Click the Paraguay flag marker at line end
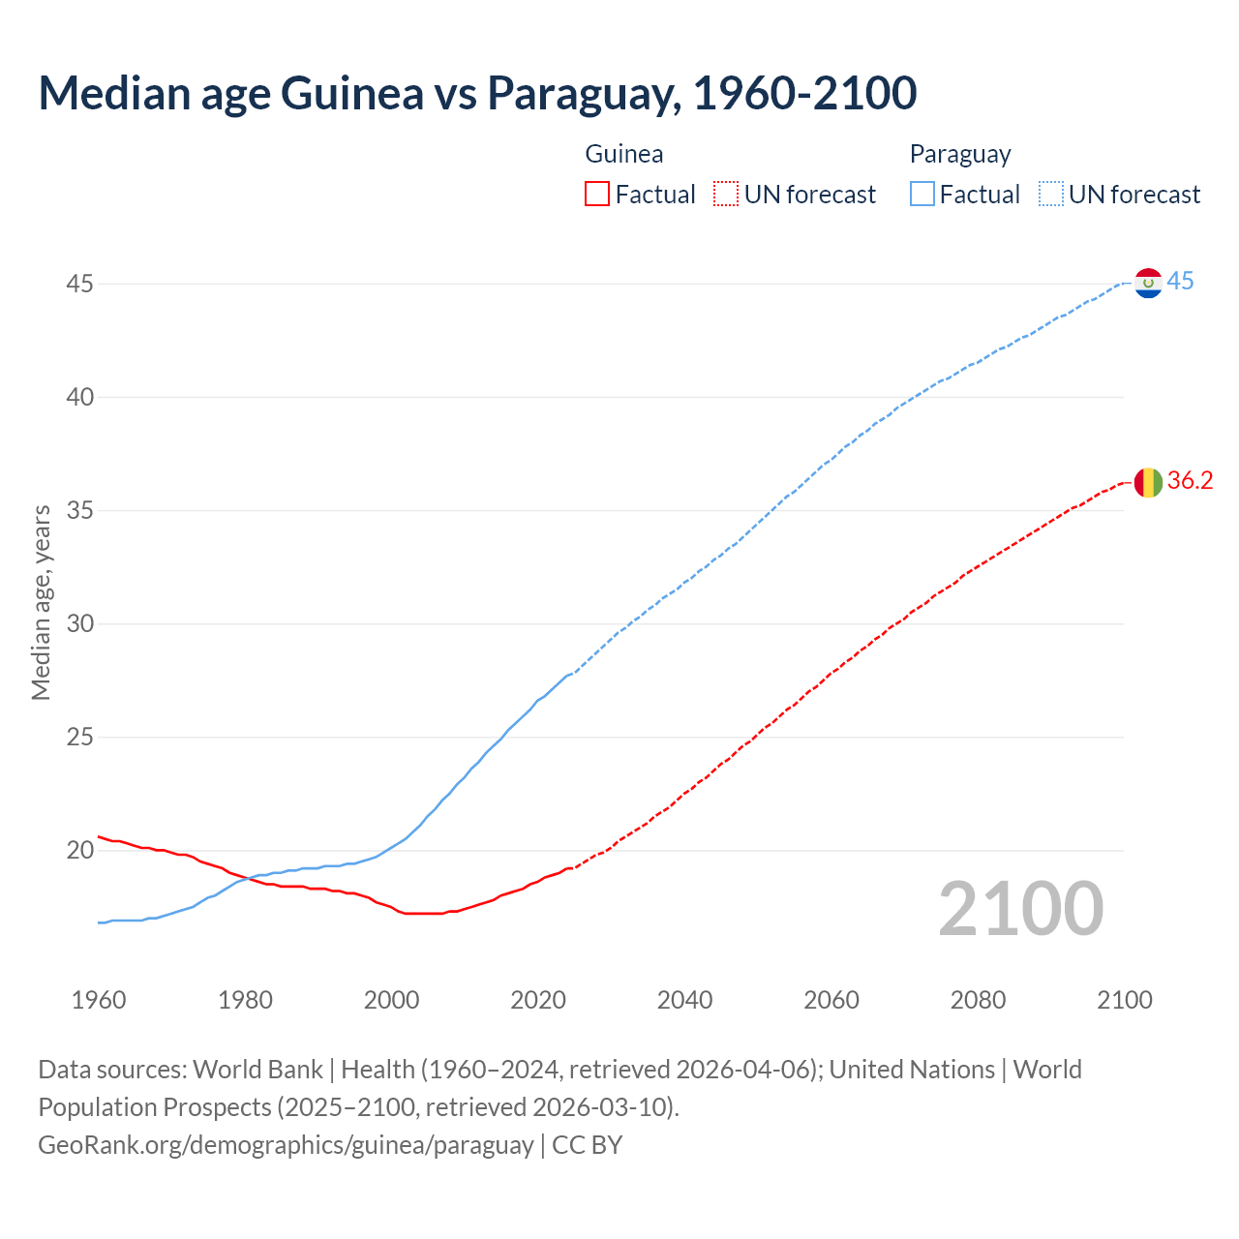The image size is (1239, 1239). pyautogui.click(x=1148, y=284)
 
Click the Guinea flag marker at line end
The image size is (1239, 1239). pyautogui.click(x=1148, y=481)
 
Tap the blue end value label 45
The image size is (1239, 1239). pyautogui.click(x=1180, y=282)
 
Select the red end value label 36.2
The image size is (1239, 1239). pyautogui.click(x=1190, y=481)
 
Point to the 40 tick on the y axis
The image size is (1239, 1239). pyautogui.click(x=80, y=397)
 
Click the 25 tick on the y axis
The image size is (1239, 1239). pyautogui.click(x=80, y=738)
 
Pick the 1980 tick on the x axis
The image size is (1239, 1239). pyautogui.click(x=245, y=1000)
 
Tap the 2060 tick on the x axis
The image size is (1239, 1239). pyautogui.click(x=831, y=1000)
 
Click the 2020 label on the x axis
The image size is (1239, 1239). pyautogui.click(x=538, y=1000)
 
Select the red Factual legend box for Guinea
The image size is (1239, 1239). pyautogui.click(x=597, y=195)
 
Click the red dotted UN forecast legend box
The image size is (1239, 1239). pyautogui.click(x=726, y=195)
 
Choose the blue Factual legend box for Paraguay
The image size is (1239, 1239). pyautogui.click(x=922, y=195)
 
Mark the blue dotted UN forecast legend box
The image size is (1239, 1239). pyautogui.click(x=1050, y=195)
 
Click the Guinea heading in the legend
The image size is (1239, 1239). pyautogui.click(x=624, y=154)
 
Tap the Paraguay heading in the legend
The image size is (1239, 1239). pyautogui.click(x=960, y=154)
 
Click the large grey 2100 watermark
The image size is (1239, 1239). pyautogui.click(x=1020, y=909)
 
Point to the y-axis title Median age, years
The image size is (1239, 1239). pyautogui.click(x=41, y=602)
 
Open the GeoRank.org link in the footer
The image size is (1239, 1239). pyautogui.click(x=286, y=1145)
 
